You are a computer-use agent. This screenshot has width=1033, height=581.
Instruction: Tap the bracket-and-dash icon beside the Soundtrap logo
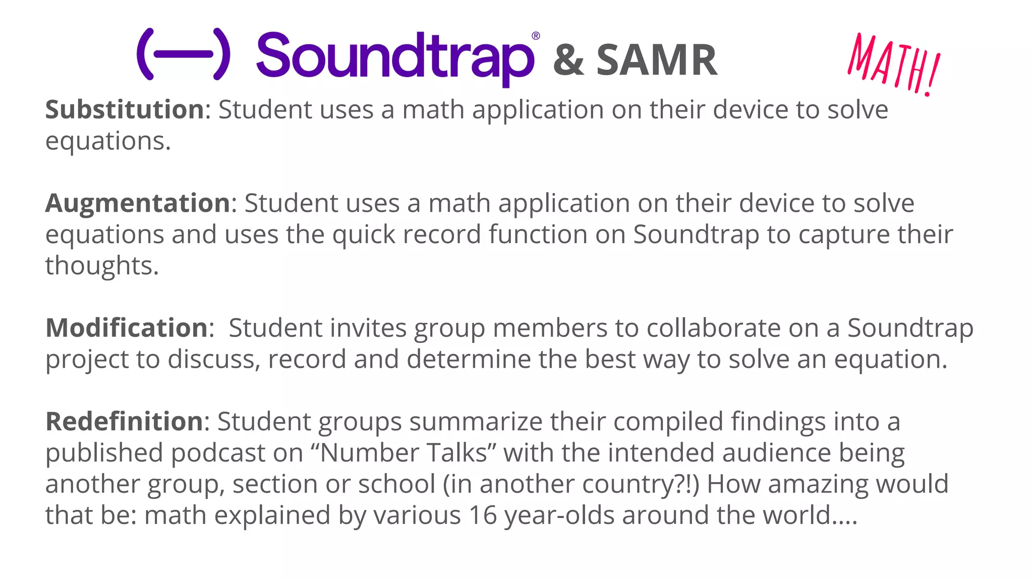click(x=184, y=54)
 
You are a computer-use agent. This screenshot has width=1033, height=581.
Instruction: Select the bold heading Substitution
click(x=125, y=109)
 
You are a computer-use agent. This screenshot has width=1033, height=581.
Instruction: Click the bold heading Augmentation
click(x=138, y=203)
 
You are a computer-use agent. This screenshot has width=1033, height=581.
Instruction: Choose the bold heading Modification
click(x=127, y=328)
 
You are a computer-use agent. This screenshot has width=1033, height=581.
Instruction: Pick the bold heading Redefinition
click(x=124, y=421)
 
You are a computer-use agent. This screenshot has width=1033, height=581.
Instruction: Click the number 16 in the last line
click(x=482, y=515)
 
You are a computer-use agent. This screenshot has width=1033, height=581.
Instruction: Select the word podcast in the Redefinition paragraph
click(x=218, y=453)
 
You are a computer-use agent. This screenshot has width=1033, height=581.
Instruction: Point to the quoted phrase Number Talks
click(x=404, y=453)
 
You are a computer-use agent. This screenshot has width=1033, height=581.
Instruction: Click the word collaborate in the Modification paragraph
click(x=713, y=328)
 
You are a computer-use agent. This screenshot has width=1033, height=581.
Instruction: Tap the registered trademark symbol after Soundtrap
click(x=536, y=36)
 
